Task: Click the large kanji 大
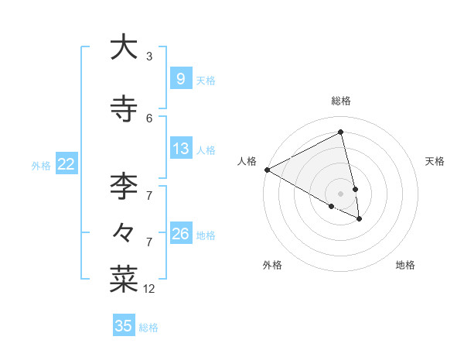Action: tap(124, 48)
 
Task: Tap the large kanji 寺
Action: tap(124, 108)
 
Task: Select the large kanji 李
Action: tap(124, 187)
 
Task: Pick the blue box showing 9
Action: tap(180, 79)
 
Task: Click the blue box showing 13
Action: tap(180, 149)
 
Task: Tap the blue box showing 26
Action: tap(180, 234)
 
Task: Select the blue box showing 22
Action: tap(66, 164)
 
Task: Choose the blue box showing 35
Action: tap(124, 326)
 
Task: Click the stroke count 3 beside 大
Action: tap(149, 57)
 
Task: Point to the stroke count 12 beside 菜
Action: tap(149, 289)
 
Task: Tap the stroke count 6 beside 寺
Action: tap(149, 118)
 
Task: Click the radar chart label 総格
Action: tap(341, 101)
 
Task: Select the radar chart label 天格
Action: tap(435, 161)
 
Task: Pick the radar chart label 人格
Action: tap(247, 161)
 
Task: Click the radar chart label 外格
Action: tap(272, 265)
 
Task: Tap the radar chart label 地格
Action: tap(405, 265)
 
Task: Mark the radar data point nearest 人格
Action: tap(267, 170)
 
